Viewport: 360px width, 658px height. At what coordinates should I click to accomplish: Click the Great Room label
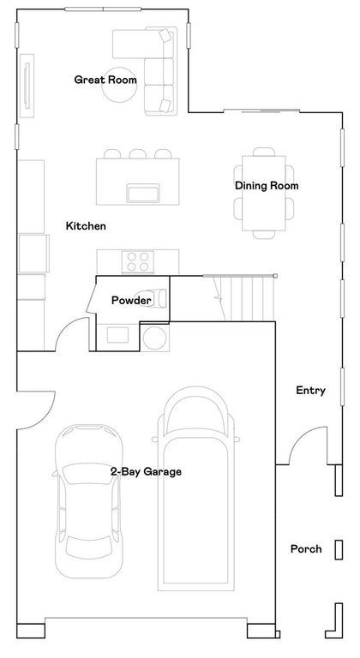point(105,80)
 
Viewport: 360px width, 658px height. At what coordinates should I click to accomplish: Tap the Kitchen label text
point(86,226)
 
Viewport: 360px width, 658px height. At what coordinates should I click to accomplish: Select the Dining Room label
point(267,185)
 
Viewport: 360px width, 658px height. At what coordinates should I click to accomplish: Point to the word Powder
point(131,300)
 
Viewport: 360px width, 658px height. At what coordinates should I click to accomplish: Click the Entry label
point(310,391)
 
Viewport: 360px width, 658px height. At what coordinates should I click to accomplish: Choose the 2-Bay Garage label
point(145,471)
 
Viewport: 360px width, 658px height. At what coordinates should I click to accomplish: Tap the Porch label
point(306,549)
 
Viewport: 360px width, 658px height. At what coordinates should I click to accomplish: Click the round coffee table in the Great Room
point(118,90)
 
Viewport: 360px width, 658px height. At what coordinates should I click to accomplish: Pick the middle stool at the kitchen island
point(137,154)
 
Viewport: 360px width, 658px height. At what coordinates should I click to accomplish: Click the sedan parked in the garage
point(87,497)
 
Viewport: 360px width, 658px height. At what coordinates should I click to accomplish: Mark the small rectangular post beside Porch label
point(339,548)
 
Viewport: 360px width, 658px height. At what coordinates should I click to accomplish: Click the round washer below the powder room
point(154,338)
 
